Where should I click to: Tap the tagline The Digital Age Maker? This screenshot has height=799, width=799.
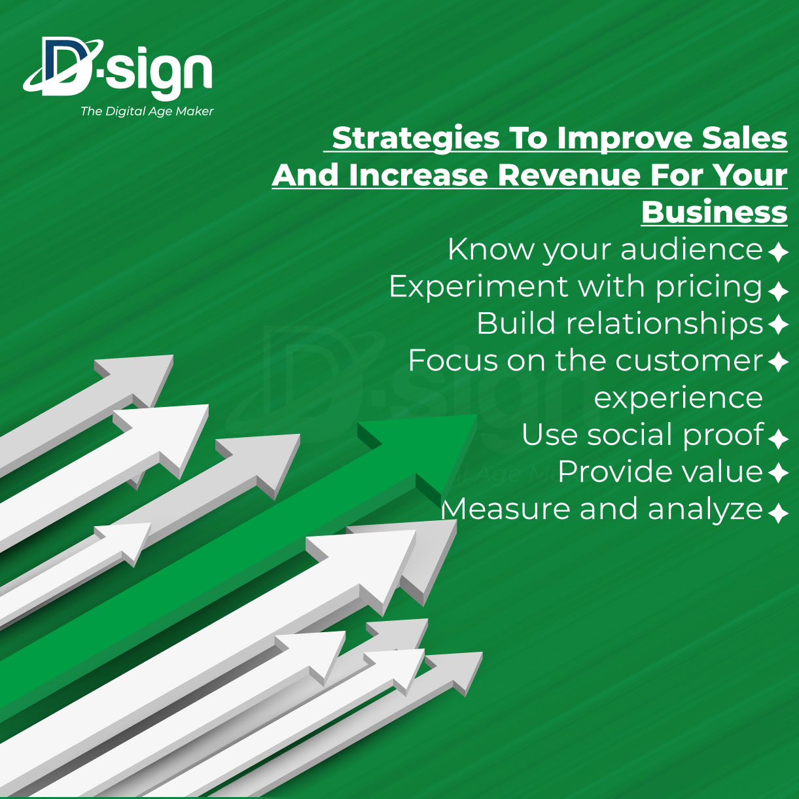pyautogui.click(x=147, y=111)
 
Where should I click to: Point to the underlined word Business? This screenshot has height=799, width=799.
pyautogui.click(x=714, y=212)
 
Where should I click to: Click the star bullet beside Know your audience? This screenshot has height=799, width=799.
pyautogui.click(x=778, y=252)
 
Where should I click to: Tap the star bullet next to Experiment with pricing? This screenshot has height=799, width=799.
pyautogui.click(x=778, y=291)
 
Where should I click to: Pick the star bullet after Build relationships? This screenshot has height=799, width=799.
pyautogui.click(x=778, y=324)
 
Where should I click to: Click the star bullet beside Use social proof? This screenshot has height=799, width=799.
pyautogui.click(x=778, y=439)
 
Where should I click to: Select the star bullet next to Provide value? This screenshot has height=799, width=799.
pyautogui.click(x=778, y=473)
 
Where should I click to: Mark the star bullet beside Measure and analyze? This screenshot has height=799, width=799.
pyautogui.click(x=778, y=513)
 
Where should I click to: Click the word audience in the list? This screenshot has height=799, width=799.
pyautogui.click(x=692, y=249)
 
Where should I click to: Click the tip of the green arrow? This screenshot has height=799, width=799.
pyautogui.click(x=477, y=415)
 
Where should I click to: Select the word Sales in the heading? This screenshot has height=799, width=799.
pyautogui.click(x=744, y=139)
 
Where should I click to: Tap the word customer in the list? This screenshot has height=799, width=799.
pyautogui.click(x=689, y=361)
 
